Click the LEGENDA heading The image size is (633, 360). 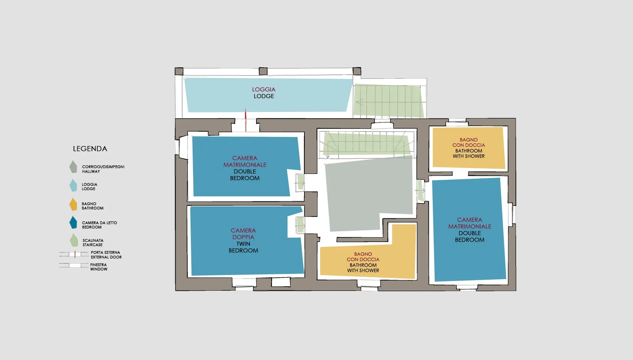[90, 149]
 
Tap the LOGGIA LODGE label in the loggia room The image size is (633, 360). [264, 93]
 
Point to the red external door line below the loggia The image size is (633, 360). [246, 120]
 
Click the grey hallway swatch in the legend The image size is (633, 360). [73, 167]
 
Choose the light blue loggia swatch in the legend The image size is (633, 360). [73, 185]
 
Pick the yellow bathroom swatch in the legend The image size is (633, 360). [73, 204]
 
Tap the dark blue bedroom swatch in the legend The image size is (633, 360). [73, 223]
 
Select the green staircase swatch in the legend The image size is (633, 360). [74, 240]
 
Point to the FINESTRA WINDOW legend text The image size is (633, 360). [99, 267]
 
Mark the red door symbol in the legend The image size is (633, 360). [75, 254]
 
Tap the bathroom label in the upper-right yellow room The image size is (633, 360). [469, 148]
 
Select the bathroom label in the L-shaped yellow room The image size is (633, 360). [363, 262]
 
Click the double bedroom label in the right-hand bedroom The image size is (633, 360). [470, 230]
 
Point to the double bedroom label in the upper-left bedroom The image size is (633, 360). [245, 168]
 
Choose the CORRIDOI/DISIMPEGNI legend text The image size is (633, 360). [103, 169]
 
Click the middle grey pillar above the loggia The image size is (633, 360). [263, 71]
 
